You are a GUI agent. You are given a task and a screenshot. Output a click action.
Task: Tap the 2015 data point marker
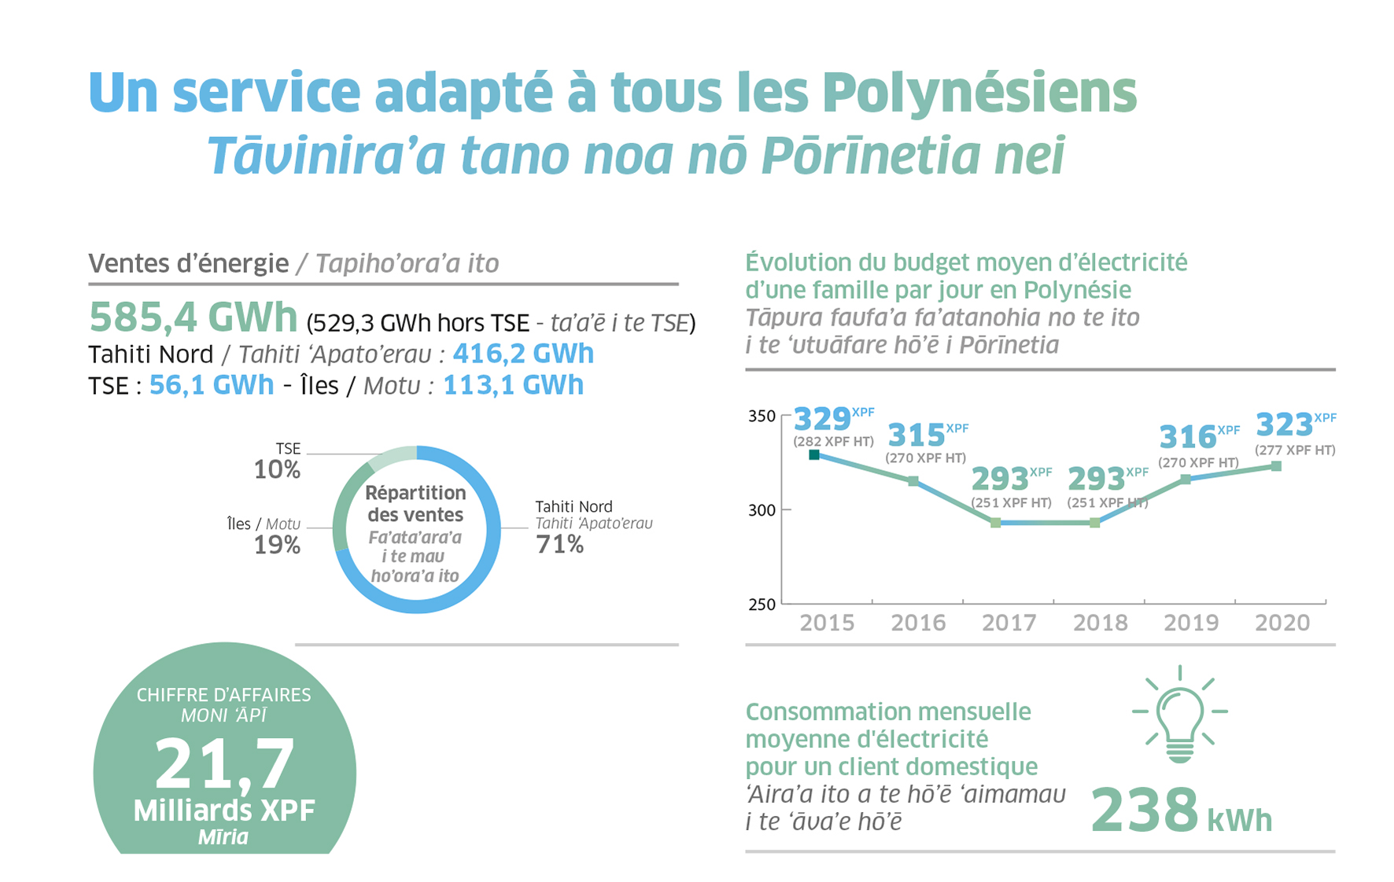point(814,454)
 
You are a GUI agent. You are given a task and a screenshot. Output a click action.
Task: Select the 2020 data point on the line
point(1276,466)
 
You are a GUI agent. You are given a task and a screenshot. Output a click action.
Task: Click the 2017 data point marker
point(995,523)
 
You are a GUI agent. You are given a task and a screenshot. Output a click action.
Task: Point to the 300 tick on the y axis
point(762,510)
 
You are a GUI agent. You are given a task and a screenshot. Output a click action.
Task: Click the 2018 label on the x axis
point(1100,623)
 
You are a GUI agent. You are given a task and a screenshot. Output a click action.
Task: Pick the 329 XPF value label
point(822,418)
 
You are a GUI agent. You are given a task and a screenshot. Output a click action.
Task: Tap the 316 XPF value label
point(1188,436)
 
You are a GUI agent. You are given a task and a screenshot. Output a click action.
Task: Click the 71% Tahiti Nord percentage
point(559,544)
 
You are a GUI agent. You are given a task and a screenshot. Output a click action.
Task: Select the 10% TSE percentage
point(277,469)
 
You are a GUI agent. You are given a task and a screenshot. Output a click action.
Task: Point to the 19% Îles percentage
point(277,544)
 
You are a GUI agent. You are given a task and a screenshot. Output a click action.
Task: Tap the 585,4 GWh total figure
point(194,318)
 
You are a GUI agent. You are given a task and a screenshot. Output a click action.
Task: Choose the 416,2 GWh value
point(523,354)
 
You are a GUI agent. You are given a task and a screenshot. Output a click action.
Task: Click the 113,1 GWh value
point(513,385)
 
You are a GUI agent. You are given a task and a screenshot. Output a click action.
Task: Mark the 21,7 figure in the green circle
point(224,764)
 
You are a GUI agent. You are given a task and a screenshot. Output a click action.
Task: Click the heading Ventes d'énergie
point(189,263)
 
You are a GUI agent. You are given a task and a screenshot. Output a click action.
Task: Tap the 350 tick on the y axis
point(762,416)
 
